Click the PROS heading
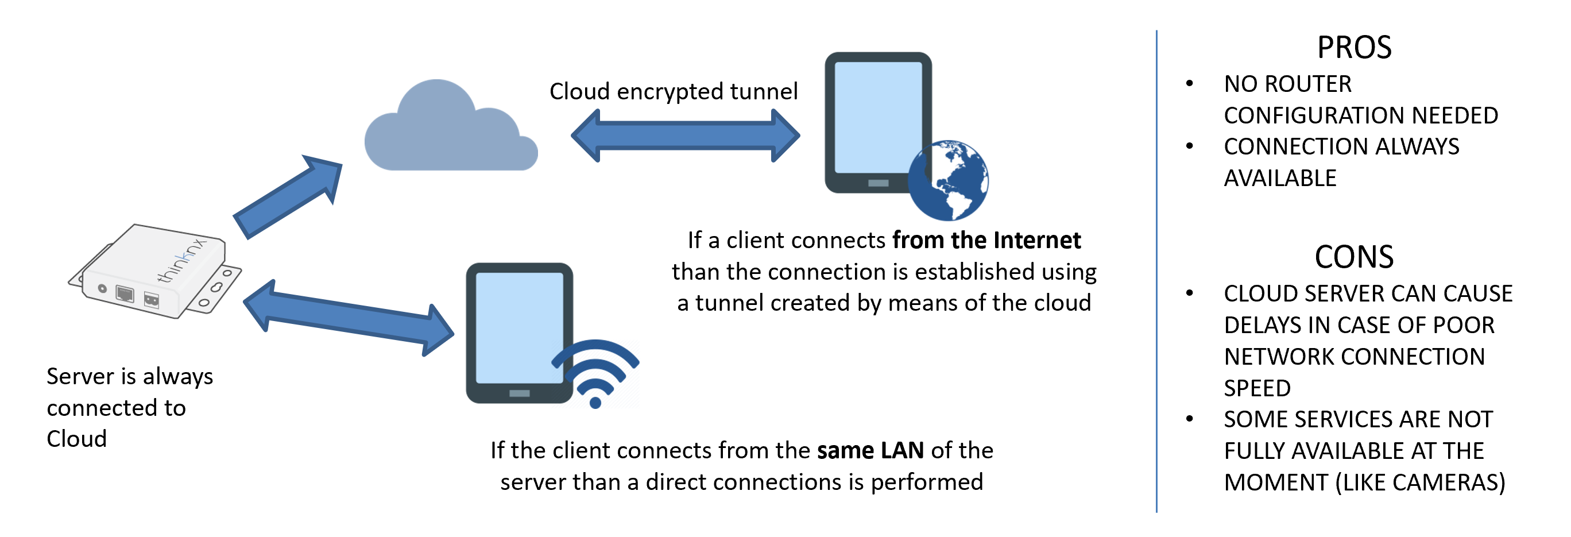[x=1354, y=48]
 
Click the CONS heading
[x=1354, y=257]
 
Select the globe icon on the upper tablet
[x=949, y=180]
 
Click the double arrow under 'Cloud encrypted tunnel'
[x=685, y=136]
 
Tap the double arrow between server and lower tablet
[x=348, y=317]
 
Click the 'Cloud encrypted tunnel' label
[x=674, y=91]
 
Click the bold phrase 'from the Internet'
[x=986, y=241]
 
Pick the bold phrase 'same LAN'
[x=870, y=450]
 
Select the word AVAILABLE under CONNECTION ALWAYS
[x=1280, y=178]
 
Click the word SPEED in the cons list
[x=1257, y=388]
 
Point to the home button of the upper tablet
[x=878, y=183]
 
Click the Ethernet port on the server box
[x=125, y=293]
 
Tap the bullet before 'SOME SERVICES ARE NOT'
[x=1189, y=419]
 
